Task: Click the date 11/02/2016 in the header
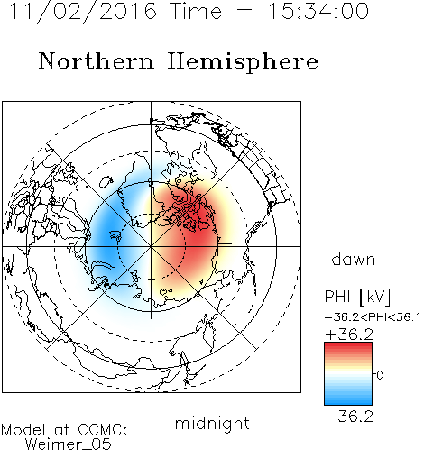coord(83,12)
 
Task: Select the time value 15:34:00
coord(318,11)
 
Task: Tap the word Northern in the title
coord(97,61)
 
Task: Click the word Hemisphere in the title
coord(243,62)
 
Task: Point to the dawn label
coord(354,260)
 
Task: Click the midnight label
coord(212,424)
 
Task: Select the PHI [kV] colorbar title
coord(357,297)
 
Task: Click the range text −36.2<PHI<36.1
coord(373,317)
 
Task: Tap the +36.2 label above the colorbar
coord(349,334)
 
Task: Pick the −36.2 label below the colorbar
coord(349,417)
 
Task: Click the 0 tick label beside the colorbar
coord(380,375)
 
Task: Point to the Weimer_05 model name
coord(69,444)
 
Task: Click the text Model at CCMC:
coord(64,430)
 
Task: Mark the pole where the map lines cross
coord(152,246)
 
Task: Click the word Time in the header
coord(196,11)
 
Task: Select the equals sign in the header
coord(244,13)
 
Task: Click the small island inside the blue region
coord(116,235)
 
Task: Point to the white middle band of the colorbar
coord(348,374)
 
